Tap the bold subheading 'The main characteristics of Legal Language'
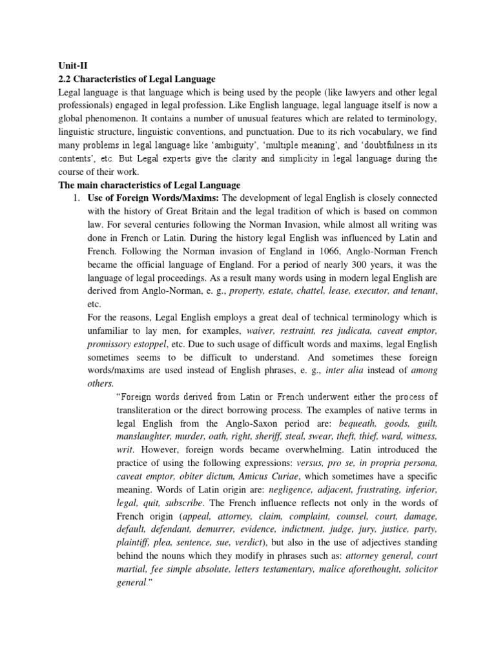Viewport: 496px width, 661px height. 149,185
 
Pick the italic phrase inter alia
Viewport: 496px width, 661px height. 344,370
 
